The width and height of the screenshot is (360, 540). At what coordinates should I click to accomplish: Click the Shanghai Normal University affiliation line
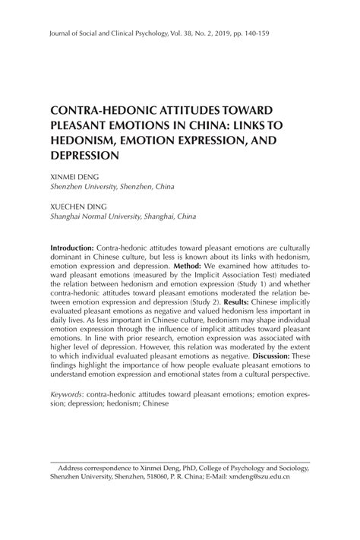click(122, 216)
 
